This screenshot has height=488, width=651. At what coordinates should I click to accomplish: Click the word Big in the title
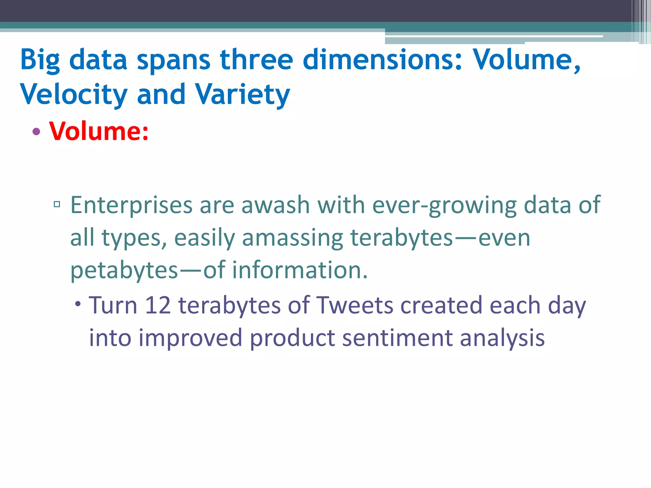tap(40, 60)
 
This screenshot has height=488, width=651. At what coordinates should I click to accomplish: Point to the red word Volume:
tap(99, 131)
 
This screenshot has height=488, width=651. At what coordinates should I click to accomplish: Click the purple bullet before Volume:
tap(36, 131)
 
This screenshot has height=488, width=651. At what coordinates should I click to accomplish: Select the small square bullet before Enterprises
tap(57, 204)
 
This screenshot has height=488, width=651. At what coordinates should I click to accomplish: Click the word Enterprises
tap(131, 205)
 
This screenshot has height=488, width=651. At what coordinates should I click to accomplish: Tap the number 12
tap(158, 305)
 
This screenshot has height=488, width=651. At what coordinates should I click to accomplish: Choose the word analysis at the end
tap(502, 338)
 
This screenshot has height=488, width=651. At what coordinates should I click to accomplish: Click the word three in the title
tap(256, 59)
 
